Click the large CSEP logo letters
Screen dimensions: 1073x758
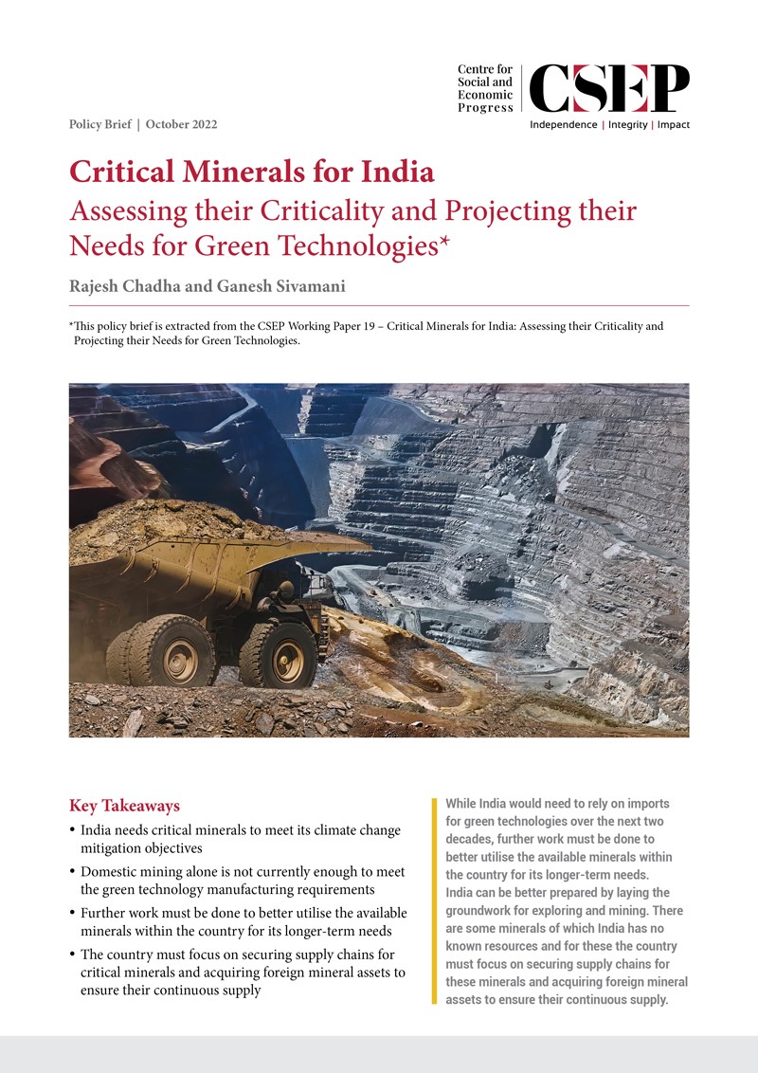[609, 88]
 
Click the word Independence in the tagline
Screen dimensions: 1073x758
[563, 125]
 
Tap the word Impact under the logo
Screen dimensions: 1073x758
[674, 125]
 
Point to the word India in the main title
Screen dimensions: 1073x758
[393, 173]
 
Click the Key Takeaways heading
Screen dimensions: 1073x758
[124, 807]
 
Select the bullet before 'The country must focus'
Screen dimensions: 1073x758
[74, 955]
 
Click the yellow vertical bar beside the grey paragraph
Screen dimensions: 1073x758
[434, 900]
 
